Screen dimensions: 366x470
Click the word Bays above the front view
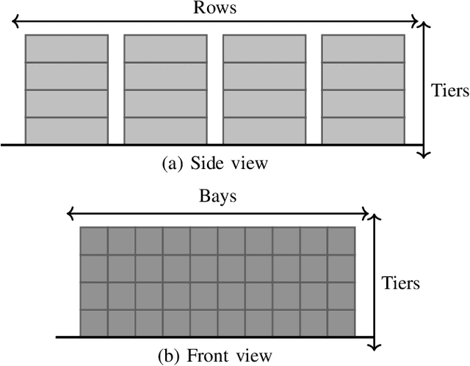point(217,198)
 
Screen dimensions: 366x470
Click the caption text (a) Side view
point(214,163)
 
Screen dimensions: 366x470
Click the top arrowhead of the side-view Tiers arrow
point(423,26)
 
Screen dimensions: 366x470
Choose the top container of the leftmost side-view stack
point(67,49)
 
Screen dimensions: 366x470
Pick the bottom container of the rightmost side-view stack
point(363,131)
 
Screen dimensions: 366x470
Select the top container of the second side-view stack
point(165,49)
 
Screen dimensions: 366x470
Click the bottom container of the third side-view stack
point(264,131)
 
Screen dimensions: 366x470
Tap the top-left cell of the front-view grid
point(94,241)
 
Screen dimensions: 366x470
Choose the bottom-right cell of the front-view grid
point(341,323)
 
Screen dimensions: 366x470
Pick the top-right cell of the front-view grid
point(341,241)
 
